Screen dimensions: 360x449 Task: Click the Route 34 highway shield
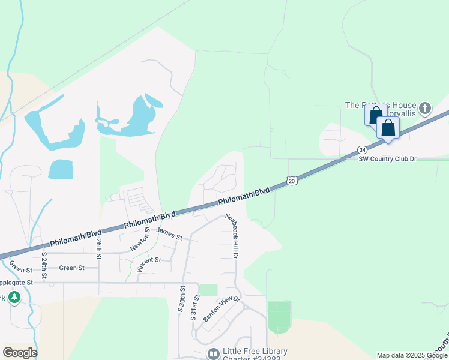[x=362, y=149]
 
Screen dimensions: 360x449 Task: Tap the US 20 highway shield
[x=292, y=180]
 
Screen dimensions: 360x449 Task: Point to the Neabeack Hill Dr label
[x=232, y=236]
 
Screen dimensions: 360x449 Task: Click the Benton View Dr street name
[x=221, y=309]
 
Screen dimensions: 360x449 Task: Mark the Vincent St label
[x=149, y=260]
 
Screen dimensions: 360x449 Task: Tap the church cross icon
[x=425, y=109]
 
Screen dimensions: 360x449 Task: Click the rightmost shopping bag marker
[x=388, y=128]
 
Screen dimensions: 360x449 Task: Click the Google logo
[x=20, y=353]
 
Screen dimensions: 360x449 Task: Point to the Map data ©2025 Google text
[x=412, y=355]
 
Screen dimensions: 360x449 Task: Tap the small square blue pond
[x=61, y=169]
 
